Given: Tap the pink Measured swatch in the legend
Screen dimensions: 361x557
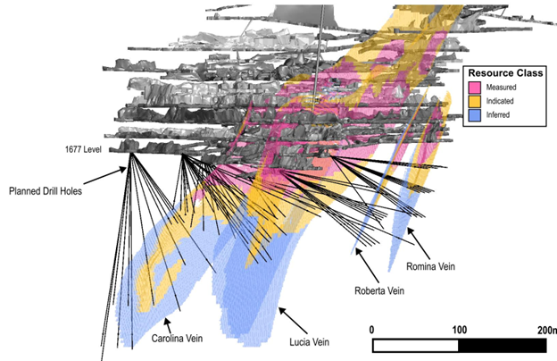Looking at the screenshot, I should point(476,87).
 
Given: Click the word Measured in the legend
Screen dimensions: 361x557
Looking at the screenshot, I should point(505,87).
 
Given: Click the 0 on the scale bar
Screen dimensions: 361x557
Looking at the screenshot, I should point(372,330).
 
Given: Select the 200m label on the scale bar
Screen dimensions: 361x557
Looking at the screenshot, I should point(544,330).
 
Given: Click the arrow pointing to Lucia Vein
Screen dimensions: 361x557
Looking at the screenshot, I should point(293,320).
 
